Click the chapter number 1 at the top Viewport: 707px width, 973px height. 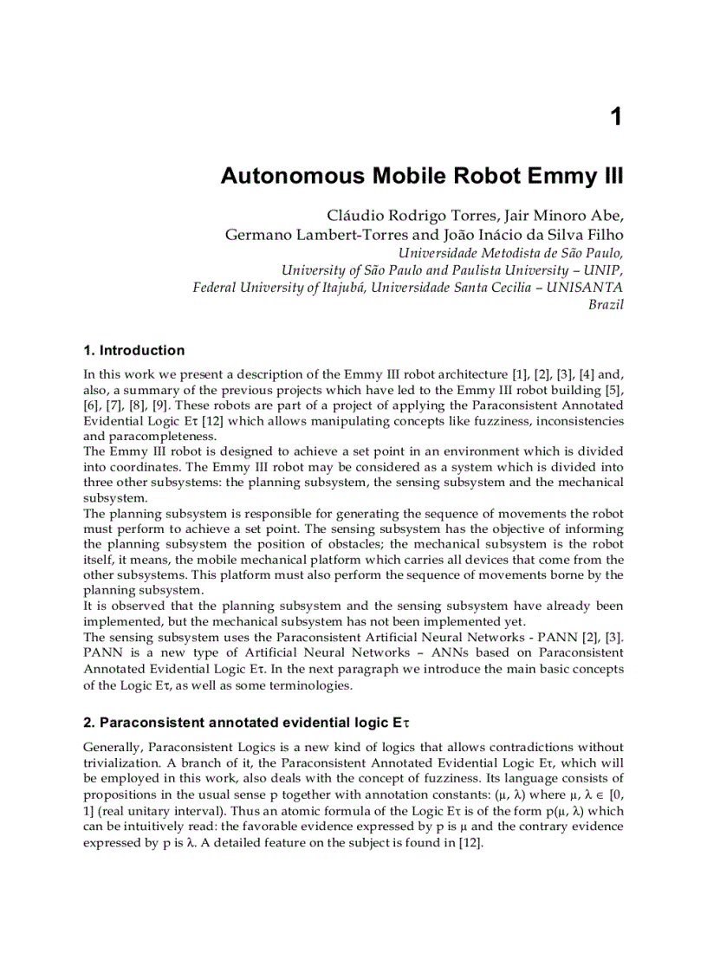click(615, 117)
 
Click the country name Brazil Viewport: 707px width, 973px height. click(606, 304)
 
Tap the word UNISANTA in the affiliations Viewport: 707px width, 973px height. click(585, 287)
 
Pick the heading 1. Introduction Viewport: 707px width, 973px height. click(133, 351)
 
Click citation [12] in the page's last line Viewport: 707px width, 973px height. click(469, 842)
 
